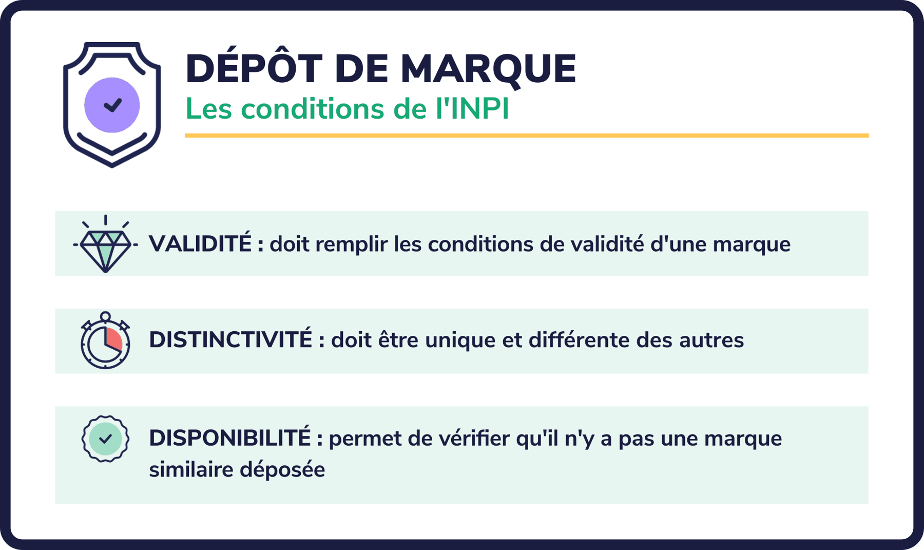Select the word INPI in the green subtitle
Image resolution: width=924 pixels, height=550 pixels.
(x=479, y=109)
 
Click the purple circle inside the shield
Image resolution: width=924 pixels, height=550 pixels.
(x=112, y=105)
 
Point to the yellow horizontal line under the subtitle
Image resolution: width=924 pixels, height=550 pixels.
(x=526, y=136)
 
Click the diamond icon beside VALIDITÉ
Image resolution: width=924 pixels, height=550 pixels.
(x=105, y=245)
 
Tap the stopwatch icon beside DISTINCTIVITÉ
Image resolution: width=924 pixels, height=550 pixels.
(x=105, y=341)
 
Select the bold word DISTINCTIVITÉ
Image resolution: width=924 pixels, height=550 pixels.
(x=230, y=340)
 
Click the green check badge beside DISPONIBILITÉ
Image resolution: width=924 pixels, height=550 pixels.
(x=105, y=439)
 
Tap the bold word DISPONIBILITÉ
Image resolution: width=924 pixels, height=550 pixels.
(x=229, y=438)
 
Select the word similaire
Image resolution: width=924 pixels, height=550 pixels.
(x=191, y=470)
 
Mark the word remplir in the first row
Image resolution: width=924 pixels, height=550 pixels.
(x=351, y=244)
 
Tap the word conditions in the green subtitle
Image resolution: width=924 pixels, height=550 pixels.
(x=312, y=109)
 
